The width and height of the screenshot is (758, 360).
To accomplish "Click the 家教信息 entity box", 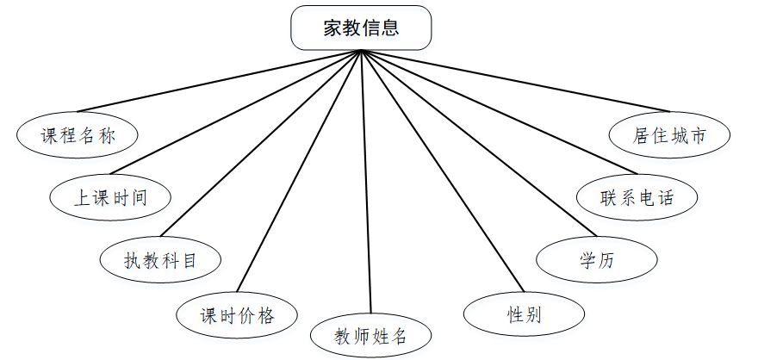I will pos(361,28).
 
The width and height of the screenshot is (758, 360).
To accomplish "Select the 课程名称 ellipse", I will pos(78,135).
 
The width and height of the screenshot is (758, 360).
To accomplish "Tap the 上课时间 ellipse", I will pos(109,197).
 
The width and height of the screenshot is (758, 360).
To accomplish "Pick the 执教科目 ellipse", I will pos(160,259).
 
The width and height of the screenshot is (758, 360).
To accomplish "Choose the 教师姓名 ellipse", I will pos(370,336).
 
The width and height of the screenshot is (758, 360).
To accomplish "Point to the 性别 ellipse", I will pos(524,313).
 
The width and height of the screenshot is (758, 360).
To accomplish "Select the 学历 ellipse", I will pos(597,259).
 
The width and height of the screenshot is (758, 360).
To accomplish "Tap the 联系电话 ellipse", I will pos(637,197).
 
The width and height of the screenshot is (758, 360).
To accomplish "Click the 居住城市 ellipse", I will pos(669,135).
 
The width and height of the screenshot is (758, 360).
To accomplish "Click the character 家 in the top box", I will pos(332,28).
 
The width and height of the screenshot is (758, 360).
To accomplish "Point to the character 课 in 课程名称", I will pos(49,136).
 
